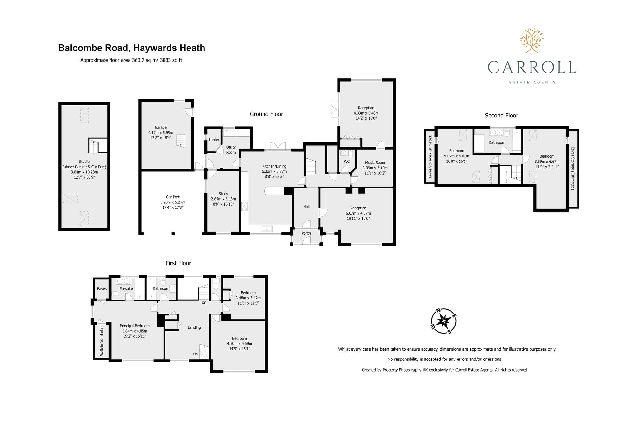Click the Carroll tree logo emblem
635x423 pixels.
(532, 40)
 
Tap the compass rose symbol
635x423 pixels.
(444, 321)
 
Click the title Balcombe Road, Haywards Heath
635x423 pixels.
(131, 48)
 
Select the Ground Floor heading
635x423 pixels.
(266, 114)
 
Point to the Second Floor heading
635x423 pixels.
(501, 116)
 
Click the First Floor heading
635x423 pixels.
(178, 263)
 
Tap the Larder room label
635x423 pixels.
(214, 140)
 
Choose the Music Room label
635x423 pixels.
(375, 162)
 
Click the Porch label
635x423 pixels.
(306, 233)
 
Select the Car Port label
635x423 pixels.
(173, 197)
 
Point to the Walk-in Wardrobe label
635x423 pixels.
(102, 341)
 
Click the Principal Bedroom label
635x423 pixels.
(135, 326)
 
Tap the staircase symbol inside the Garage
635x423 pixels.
(181, 141)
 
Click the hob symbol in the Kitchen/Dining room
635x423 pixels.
(244, 206)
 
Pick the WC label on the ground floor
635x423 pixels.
(347, 162)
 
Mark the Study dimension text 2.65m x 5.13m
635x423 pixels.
(224, 199)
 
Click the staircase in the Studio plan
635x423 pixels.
(94, 146)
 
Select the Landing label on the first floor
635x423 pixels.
(194, 327)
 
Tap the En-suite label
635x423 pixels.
(126, 289)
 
